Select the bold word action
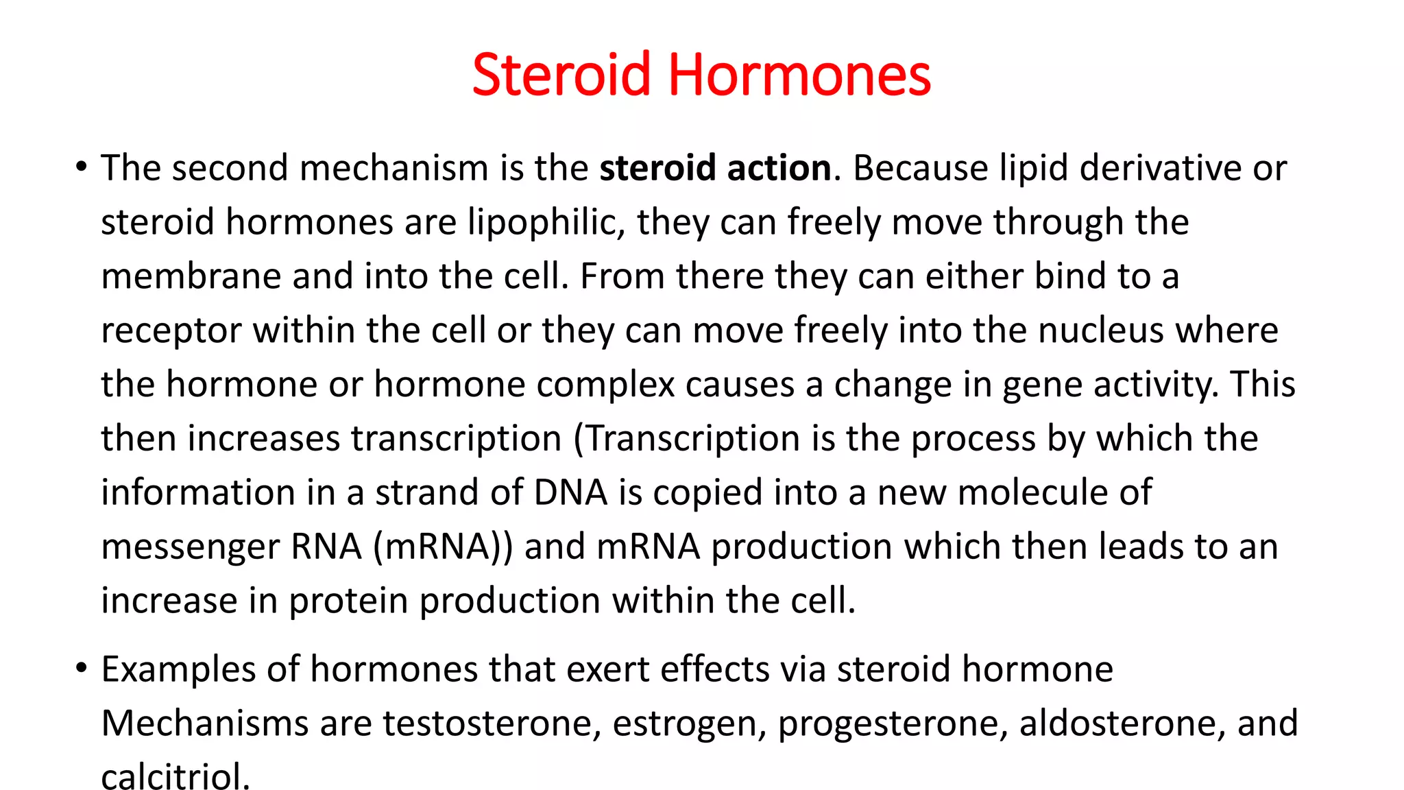click(x=779, y=168)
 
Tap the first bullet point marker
click(x=82, y=167)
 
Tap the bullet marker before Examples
click(x=82, y=668)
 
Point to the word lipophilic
click(x=546, y=222)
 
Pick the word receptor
click(x=171, y=330)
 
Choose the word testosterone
click(x=492, y=723)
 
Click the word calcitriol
click(x=175, y=776)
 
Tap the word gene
click(x=1042, y=384)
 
